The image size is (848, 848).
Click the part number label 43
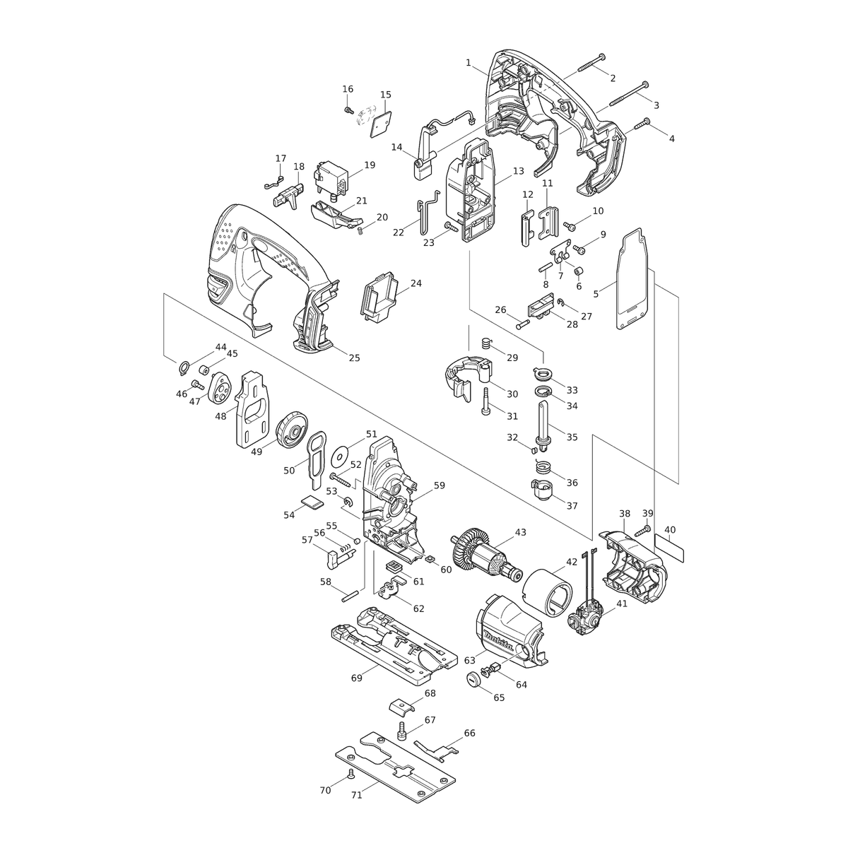(x=520, y=533)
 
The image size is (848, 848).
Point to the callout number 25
(x=354, y=358)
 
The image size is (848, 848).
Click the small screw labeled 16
(x=349, y=110)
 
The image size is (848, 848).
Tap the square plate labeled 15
(x=379, y=125)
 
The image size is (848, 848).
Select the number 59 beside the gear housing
(x=439, y=485)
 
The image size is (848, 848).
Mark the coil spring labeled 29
(x=485, y=341)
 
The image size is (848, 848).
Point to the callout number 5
(x=596, y=294)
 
